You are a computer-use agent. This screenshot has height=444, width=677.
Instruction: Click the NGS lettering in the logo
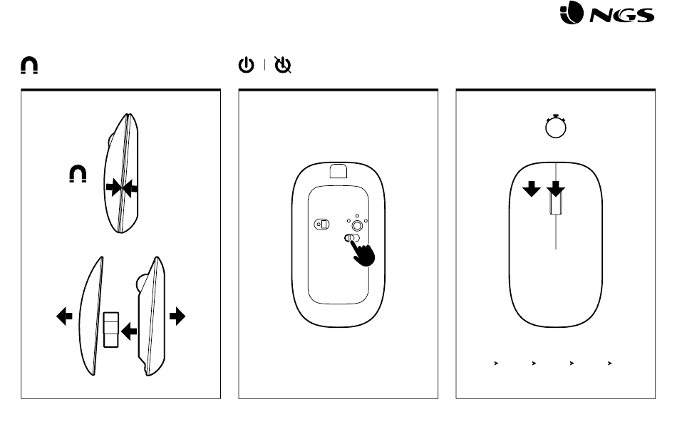click(x=621, y=16)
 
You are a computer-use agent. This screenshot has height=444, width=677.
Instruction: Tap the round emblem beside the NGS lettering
click(x=572, y=12)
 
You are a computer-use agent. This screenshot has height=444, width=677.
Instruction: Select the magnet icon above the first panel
click(x=29, y=66)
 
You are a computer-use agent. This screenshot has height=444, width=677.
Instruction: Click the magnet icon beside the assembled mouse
click(x=78, y=174)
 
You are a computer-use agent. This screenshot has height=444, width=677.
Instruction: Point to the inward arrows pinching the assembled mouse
click(x=122, y=188)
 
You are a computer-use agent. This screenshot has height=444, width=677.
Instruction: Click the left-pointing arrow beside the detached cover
click(x=64, y=316)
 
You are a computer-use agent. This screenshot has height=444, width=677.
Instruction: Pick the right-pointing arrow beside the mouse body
click(x=177, y=316)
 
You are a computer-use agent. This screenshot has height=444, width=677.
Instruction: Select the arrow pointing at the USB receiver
click(x=129, y=331)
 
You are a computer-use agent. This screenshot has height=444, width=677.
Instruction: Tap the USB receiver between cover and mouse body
click(x=111, y=330)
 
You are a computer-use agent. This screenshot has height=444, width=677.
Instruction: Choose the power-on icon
click(x=246, y=65)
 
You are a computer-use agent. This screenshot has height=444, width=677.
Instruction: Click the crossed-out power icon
click(x=283, y=65)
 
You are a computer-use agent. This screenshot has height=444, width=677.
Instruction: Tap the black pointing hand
click(x=363, y=254)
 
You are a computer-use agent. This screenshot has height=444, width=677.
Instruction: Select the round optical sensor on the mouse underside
click(x=357, y=225)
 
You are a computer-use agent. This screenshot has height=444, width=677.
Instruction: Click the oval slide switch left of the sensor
click(x=321, y=224)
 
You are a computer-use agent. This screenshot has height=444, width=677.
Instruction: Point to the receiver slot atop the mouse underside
click(x=338, y=171)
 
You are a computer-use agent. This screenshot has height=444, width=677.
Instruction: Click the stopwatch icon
click(x=556, y=126)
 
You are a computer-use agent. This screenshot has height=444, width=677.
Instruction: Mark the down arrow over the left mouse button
click(x=532, y=189)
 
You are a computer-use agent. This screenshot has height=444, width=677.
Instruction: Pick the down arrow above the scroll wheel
click(x=556, y=189)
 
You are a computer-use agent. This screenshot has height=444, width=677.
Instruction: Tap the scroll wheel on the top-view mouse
click(x=556, y=202)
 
